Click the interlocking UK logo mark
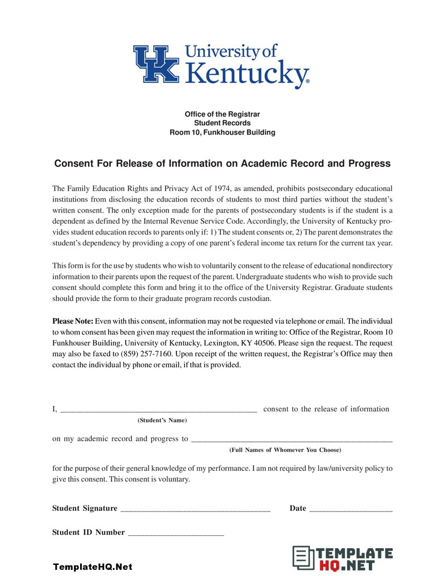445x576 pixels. [156, 64]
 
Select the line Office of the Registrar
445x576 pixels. [222, 114]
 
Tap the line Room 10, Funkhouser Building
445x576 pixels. [222, 132]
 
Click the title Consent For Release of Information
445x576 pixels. [222, 164]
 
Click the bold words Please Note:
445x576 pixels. [73, 321]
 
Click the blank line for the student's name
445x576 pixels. [158, 410]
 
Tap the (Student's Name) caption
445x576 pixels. [162, 420]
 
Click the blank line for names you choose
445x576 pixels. [291, 440]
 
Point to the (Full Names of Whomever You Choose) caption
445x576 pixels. [285, 450]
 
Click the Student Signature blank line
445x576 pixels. [195, 509]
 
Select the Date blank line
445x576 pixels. [350, 509]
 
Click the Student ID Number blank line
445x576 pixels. [176, 533]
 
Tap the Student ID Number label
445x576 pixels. [88, 532]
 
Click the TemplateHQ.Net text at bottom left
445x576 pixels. [92, 567]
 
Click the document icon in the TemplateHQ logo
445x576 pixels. [303, 559]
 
